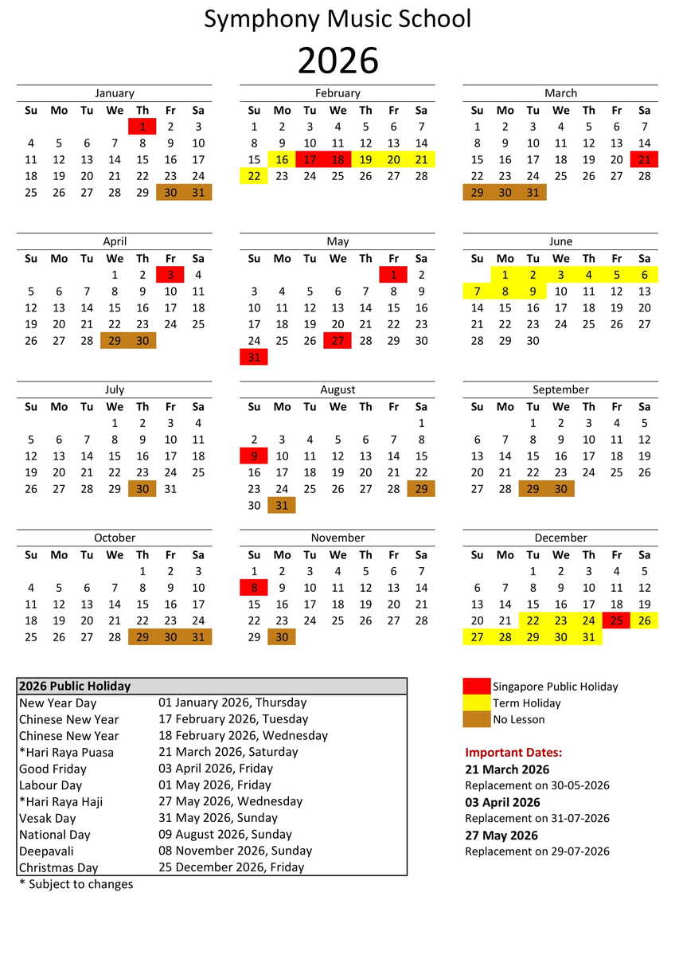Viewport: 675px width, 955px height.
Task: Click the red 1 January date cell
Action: tap(142, 127)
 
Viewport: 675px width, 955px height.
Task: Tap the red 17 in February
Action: tap(310, 159)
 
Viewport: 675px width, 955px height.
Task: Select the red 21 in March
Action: tap(644, 159)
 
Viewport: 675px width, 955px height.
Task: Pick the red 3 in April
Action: tap(170, 275)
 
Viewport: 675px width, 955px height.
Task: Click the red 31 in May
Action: tap(254, 358)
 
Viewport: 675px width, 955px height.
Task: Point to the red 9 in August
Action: tap(254, 456)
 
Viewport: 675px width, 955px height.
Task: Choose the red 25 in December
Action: tap(616, 620)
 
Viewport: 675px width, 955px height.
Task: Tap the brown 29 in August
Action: tap(421, 489)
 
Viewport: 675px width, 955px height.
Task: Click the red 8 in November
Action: tap(254, 588)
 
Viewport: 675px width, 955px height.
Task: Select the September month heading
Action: tap(560, 389)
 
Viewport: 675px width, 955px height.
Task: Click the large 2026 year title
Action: tap(337, 61)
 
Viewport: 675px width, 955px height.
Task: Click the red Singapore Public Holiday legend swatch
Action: tap(477, 686)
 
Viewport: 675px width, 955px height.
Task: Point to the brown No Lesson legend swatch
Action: tap(477, 719)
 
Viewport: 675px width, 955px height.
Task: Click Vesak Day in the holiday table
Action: tap(48, 818)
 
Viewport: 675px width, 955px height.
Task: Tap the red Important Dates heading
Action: tap(513, 753)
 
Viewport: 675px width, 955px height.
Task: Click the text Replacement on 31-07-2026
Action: tap(537, 818)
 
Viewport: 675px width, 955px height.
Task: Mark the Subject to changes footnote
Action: tap(76, 884)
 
